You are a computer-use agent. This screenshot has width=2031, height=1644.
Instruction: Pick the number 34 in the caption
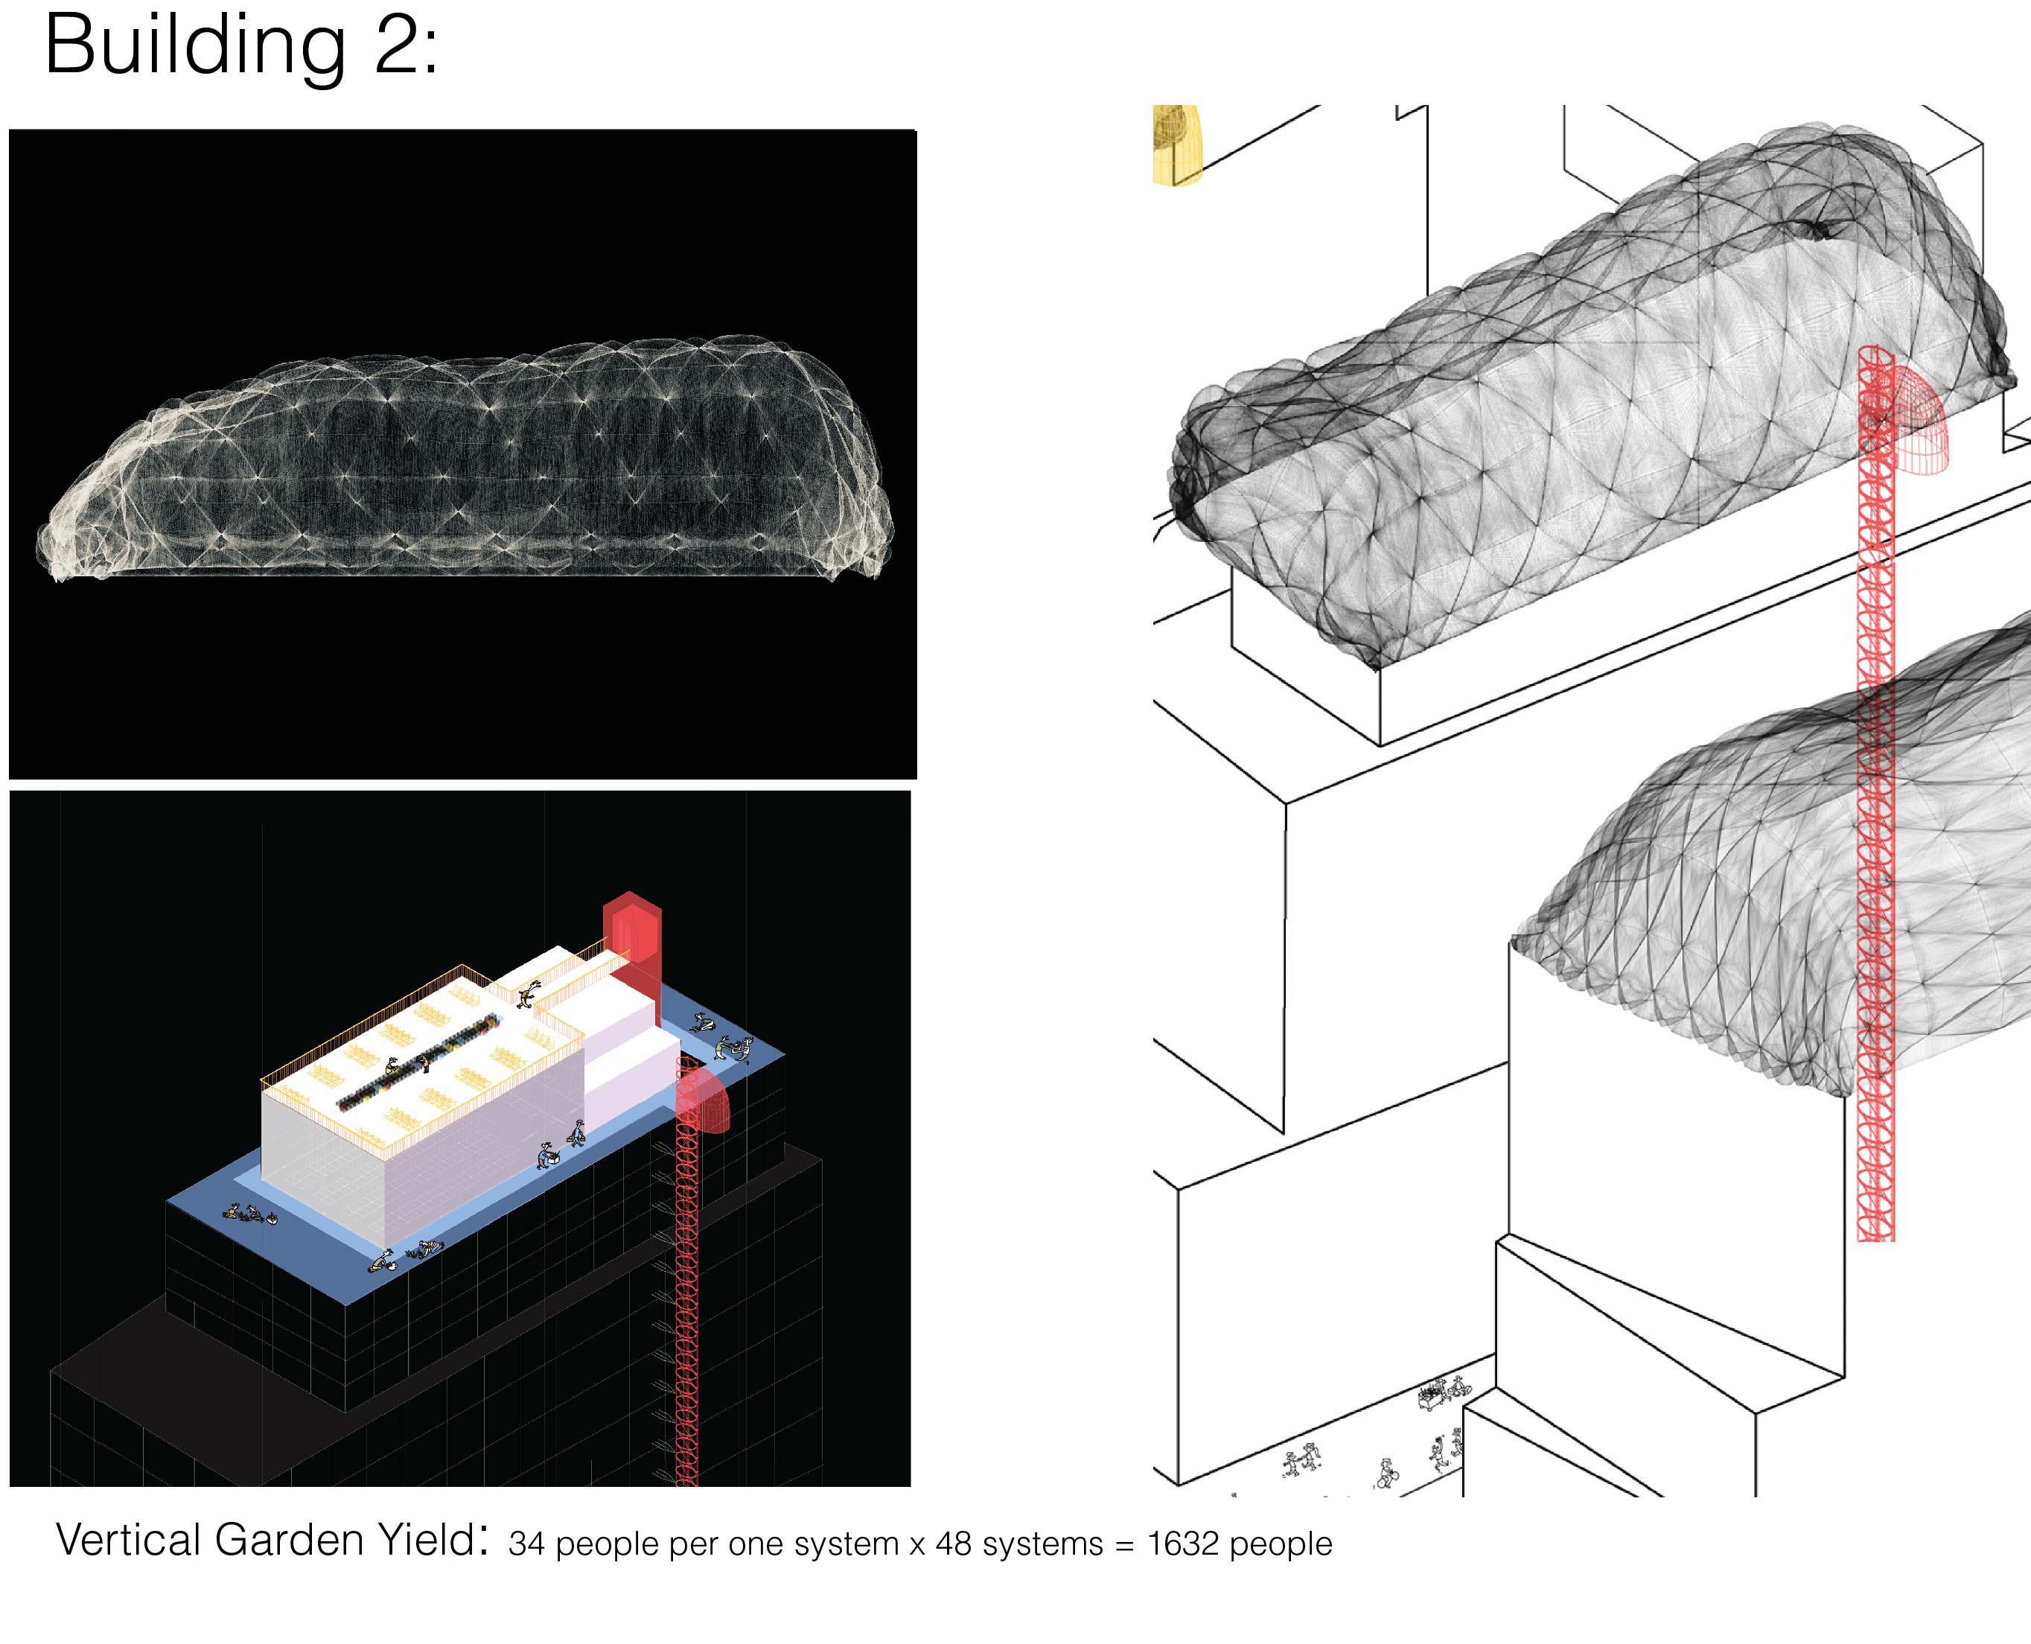click(x=526, y=1544)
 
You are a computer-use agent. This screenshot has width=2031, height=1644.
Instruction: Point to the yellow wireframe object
click(x=1177, y=144)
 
